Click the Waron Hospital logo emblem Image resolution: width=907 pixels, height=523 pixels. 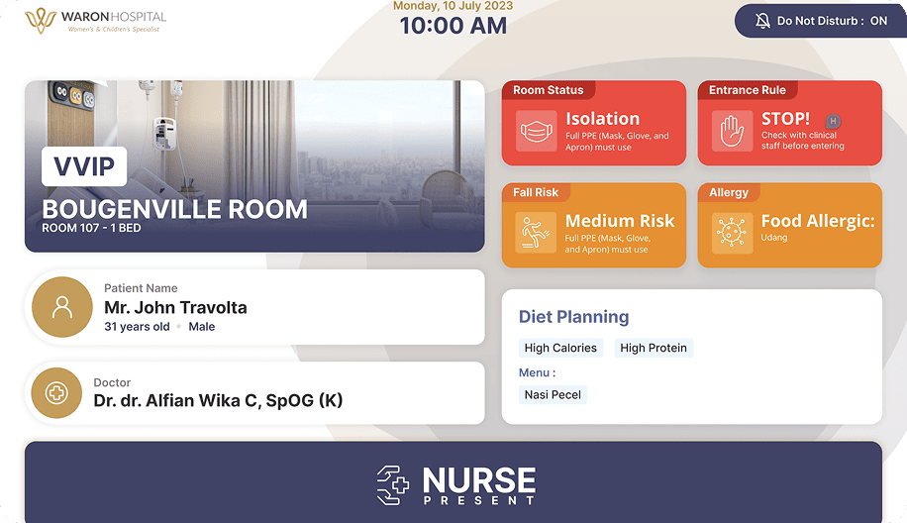(x=40, y=20)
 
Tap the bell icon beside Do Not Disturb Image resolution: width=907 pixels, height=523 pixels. (x=762, y=21)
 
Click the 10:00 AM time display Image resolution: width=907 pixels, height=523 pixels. (x=453, y=26)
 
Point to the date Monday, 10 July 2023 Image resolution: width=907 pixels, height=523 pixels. (x=453, y=6)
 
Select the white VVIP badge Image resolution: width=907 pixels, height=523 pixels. (x=84, y=166)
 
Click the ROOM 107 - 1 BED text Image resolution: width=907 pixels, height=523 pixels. (x=91, y=228)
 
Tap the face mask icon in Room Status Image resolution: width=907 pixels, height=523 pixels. (x=537, y=131)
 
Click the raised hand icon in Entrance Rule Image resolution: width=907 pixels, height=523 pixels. (x=733, y=131)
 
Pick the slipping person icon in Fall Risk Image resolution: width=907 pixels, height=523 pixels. (x=537, y=233)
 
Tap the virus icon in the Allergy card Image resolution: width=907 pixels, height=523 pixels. (x=733, y=233)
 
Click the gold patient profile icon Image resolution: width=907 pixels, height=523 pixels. (x=62, y=307)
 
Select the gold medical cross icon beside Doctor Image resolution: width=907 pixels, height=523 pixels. (x=56, y=393)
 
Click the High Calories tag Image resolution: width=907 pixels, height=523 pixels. (x=560, y=348)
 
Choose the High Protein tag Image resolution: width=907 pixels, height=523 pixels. (x=654, y=348)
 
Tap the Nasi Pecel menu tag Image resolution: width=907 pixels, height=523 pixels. (x=553, y=394)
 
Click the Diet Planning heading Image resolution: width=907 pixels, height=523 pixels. (x=574, y=317)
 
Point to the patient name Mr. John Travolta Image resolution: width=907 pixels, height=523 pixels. (x=175, y=308)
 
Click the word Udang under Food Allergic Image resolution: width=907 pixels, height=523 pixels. (x=774, y=238)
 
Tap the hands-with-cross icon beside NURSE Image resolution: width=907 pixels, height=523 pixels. (x=393, y=485)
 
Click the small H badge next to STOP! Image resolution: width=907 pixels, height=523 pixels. (x=833, y=122)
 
